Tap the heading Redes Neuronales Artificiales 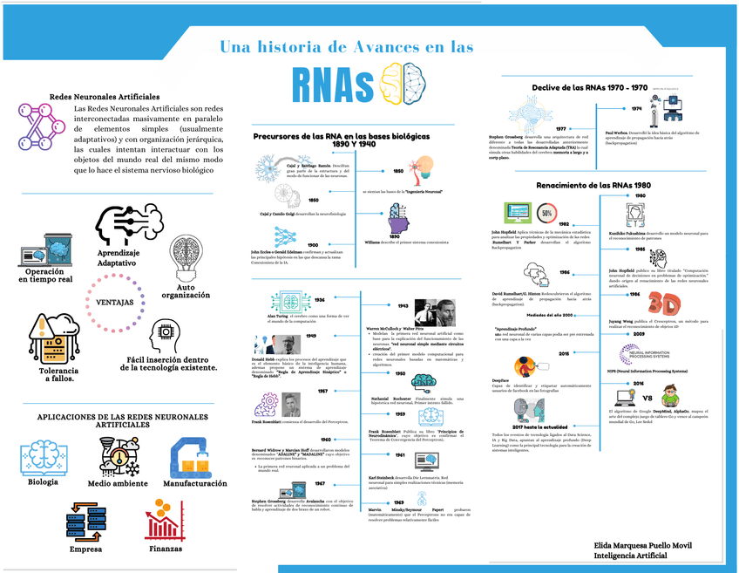pyautogui.click(x=105, y=96)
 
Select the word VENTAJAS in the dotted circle pyautogui.click(x=114, y=302)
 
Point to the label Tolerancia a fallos pyautogui.click(x=44, y=372)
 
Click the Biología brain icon pyautogui.click(x=42, y=457)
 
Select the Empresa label pyautogui.click(x=85, y=549)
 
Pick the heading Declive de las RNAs pyautogui.click(x=589, y=87)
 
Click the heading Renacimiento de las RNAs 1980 pyautogui.click(x=593, y=185)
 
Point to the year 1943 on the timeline pyautogui.click(x=403, y=306)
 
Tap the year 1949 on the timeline pyautogui.click(x=311, y=335)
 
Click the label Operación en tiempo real pyautogui.click(x=44, y=276)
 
